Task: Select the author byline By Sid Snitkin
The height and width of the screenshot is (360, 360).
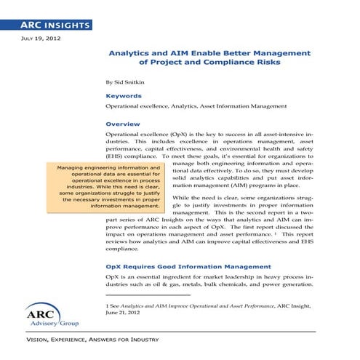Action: pyautogui.click(x=127, y=82)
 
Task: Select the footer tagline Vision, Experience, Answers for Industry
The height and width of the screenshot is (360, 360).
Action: pyautogui.click(x=92, y=340)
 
